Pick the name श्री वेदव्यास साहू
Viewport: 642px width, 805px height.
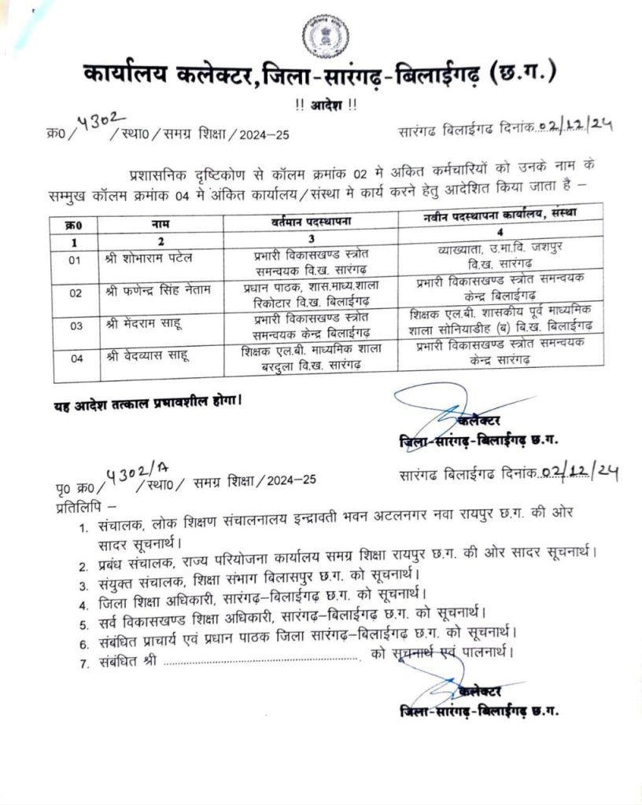pos(146,358)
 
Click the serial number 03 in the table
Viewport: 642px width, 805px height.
pos(76,325)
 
